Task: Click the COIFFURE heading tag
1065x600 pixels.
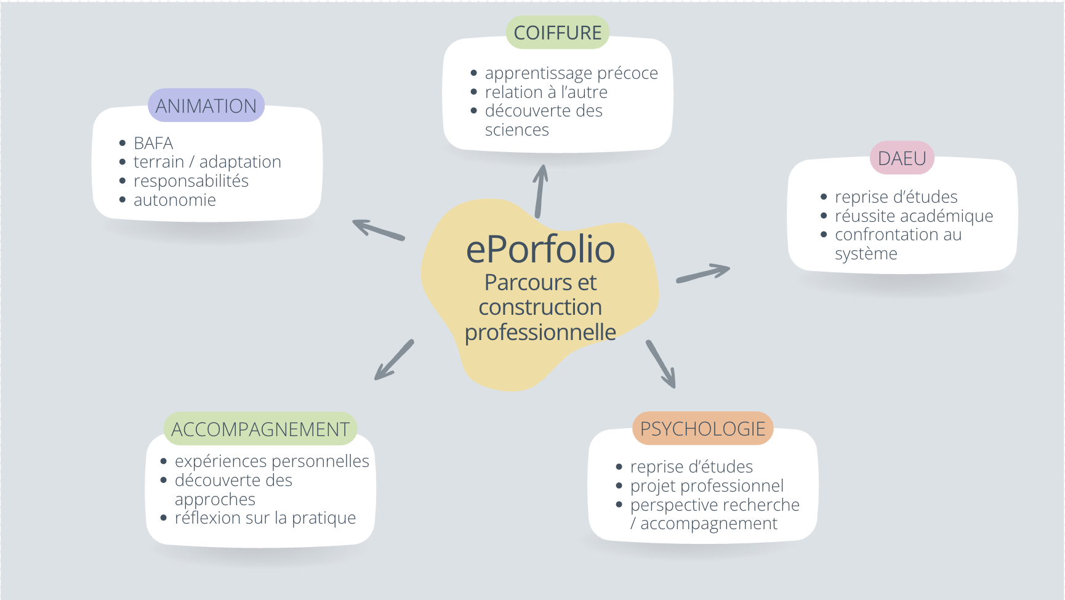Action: coord(557,33)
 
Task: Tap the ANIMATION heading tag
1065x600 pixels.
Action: coord(206,106)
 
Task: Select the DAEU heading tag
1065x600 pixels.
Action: coord(902,158)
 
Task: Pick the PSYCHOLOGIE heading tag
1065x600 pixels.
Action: coord(702,429)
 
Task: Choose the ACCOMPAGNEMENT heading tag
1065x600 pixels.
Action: coord(260,429)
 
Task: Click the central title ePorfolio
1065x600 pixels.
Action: coord(540,249)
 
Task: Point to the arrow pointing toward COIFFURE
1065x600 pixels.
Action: coord(540,191)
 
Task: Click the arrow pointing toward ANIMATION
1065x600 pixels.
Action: coord(378,229)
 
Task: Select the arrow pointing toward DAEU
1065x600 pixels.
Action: coord(703,274)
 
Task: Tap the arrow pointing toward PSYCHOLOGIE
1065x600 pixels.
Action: coord(661,364)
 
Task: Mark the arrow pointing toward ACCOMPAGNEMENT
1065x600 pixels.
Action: coord(394,360)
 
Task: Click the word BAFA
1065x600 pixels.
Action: coord(153,143)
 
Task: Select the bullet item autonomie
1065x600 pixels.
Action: coord(175,200)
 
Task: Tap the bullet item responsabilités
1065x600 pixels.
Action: coord(191,181)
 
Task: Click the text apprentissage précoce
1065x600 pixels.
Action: coord(571,73)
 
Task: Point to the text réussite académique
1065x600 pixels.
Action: coord(914,216)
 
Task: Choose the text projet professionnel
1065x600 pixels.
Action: coord(707,486)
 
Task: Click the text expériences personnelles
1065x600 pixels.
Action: coord(271,461)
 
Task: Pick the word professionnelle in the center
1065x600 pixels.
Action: coord(540,333)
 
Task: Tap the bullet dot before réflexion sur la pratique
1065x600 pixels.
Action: coord(164,518)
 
